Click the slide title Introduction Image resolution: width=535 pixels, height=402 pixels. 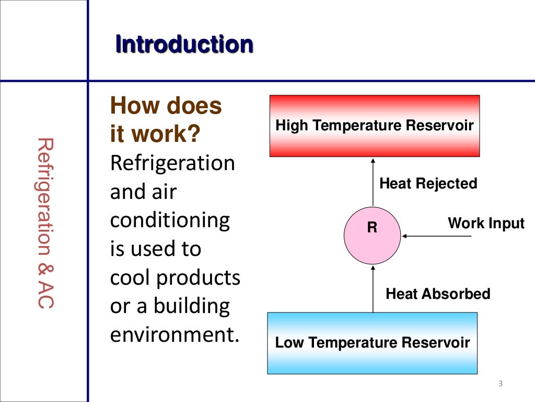pos(184,44)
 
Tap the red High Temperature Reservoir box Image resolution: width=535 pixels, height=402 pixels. pos(374,126)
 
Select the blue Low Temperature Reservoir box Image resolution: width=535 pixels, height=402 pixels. pos(372,343)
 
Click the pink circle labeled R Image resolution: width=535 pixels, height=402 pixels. pos(373,236)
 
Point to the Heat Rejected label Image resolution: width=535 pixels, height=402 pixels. pos(428,184)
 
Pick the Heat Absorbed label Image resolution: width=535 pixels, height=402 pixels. pos(438,294)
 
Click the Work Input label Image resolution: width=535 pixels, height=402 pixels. pos(486,224)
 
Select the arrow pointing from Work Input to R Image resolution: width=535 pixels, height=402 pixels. pos(437,236)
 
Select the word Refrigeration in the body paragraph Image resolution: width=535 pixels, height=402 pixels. pos(172,163)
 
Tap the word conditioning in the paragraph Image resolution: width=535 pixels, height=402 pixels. pos(170,220)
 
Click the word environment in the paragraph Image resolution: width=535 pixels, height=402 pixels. pos(171,334)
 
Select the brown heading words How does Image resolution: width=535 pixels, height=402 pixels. pos(166,107)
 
